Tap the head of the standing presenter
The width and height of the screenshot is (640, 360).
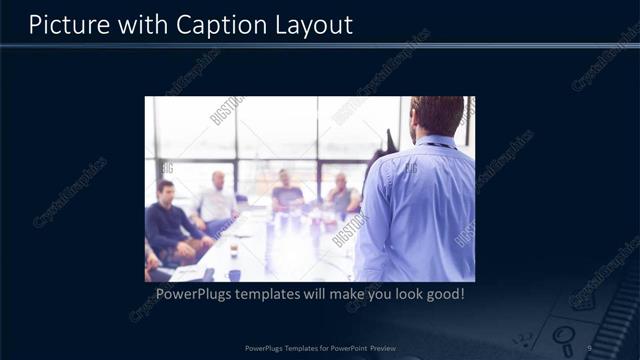(437, 116)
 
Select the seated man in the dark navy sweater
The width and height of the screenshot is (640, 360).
(168, 225)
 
